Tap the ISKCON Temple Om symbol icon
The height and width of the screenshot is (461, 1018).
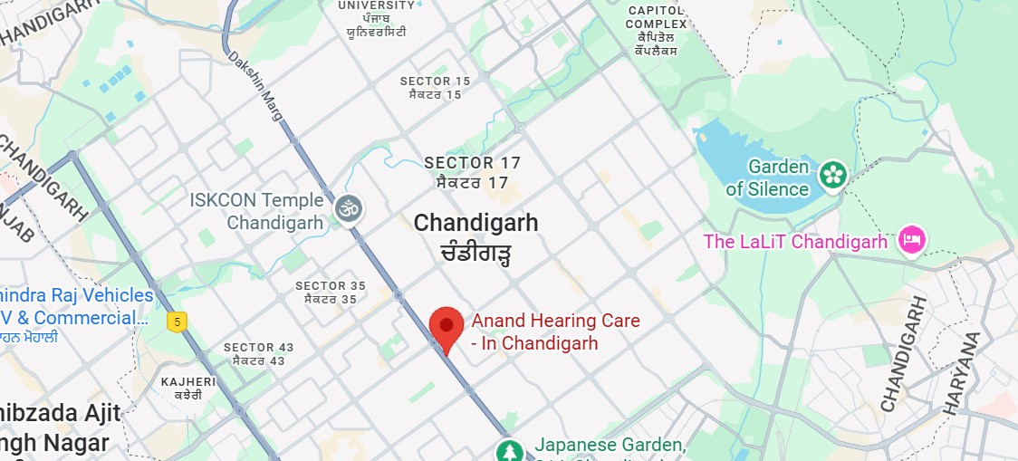pos(349,209)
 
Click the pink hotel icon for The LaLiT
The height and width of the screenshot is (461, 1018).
pos(910,241)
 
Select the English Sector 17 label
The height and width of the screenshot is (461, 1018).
pos(472,163)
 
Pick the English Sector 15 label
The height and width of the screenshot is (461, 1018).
pos(436,82)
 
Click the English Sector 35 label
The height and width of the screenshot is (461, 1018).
pos(331,286)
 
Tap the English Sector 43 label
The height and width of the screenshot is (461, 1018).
pos(258,348)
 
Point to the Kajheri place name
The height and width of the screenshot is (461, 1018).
pos(188,381)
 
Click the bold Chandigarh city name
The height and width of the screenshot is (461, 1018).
pos(475,223)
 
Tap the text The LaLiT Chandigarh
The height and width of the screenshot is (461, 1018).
pos(795,242)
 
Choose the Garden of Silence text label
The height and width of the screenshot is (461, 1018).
pos(766,178)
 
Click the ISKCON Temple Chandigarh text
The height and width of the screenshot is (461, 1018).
pos(256,211)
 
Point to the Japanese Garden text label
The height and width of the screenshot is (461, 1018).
pos(609,445)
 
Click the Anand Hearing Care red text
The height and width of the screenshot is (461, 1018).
pos(555,332)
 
